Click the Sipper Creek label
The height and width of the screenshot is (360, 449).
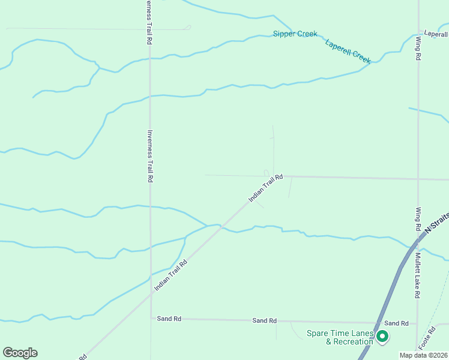[295, 34]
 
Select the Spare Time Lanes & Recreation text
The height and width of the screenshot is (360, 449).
[340, 338]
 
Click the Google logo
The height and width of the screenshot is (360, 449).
[20, 353]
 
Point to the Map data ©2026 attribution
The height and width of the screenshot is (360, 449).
[424, 355]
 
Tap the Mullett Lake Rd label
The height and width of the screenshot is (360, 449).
[418, 275]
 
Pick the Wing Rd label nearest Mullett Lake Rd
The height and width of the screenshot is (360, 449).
[418, 220]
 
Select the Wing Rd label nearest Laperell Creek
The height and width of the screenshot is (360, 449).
[418, 49]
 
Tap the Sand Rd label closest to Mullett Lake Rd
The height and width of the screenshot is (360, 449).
[396, 323]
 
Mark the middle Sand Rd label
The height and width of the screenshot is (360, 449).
[264, 321]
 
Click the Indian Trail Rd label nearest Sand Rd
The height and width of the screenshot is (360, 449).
[171, 275]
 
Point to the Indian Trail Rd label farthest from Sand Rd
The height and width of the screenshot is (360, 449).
[265, 188]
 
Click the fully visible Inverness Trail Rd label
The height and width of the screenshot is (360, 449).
[150, 156]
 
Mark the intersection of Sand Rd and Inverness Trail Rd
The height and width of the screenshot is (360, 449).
[151, 319]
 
